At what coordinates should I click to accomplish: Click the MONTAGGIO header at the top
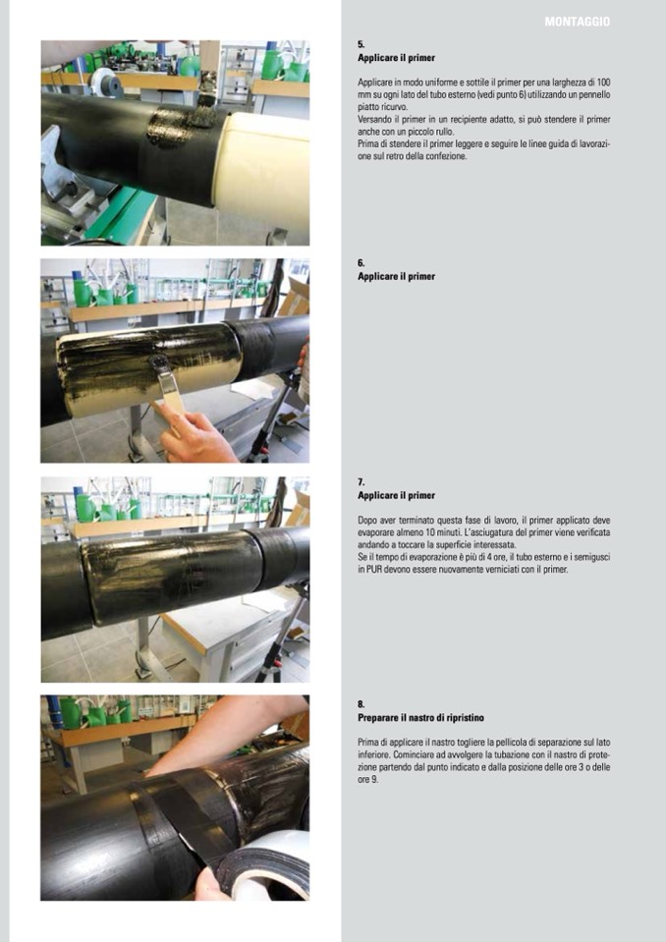click(578, 22)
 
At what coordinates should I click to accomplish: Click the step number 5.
click(361, 44)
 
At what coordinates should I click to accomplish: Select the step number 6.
click(361, 262)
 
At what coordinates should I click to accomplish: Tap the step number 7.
click(361, 482)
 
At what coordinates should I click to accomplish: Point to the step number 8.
click(361, 704)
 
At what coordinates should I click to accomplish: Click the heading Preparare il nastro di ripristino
click(421, 718)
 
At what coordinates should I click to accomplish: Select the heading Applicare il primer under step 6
click(396, 276)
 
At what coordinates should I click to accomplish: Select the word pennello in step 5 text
click(594, 95)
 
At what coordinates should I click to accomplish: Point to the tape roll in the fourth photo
click(268, 865)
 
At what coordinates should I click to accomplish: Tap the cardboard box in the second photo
click(296, 297)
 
